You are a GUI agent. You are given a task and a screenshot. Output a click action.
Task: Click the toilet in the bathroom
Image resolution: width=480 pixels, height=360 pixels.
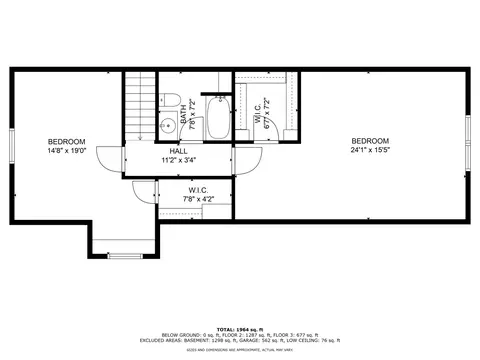(x=170, y=100)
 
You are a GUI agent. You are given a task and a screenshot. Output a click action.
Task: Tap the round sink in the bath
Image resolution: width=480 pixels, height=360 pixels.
(x=167, y=126)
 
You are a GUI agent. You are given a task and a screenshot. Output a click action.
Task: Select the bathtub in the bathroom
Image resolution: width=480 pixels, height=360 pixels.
(x=217, y=118)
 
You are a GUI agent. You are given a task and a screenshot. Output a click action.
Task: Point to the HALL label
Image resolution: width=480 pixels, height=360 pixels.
(x=178, y=151)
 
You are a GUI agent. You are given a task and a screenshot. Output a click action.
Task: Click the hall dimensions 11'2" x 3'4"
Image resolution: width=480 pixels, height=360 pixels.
(x=178, y=159)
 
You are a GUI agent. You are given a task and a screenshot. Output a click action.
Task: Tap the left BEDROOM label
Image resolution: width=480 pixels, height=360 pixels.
(x=65, y=141)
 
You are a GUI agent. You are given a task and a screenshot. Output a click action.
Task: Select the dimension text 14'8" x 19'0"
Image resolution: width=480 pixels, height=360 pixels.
(x=65, y=150)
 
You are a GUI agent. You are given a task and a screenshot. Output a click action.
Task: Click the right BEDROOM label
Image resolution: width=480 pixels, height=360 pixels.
(x=369, y=141)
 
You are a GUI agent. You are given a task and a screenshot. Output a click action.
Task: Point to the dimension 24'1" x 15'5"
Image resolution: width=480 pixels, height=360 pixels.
(x=369, y=150)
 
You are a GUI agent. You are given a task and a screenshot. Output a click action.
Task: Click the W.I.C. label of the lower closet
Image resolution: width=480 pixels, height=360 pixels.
(x=198, y=190)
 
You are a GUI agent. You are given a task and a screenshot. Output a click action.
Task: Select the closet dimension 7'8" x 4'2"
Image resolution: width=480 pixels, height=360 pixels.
(x=198, y=199)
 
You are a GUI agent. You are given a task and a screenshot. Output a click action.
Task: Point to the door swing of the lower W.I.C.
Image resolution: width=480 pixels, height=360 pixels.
(x=147, y=193)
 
